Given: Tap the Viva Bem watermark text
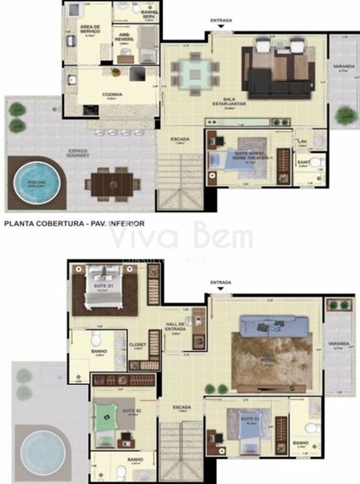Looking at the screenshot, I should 177,237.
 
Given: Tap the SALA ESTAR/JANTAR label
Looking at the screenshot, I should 248,103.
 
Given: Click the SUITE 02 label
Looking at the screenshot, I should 132,411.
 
